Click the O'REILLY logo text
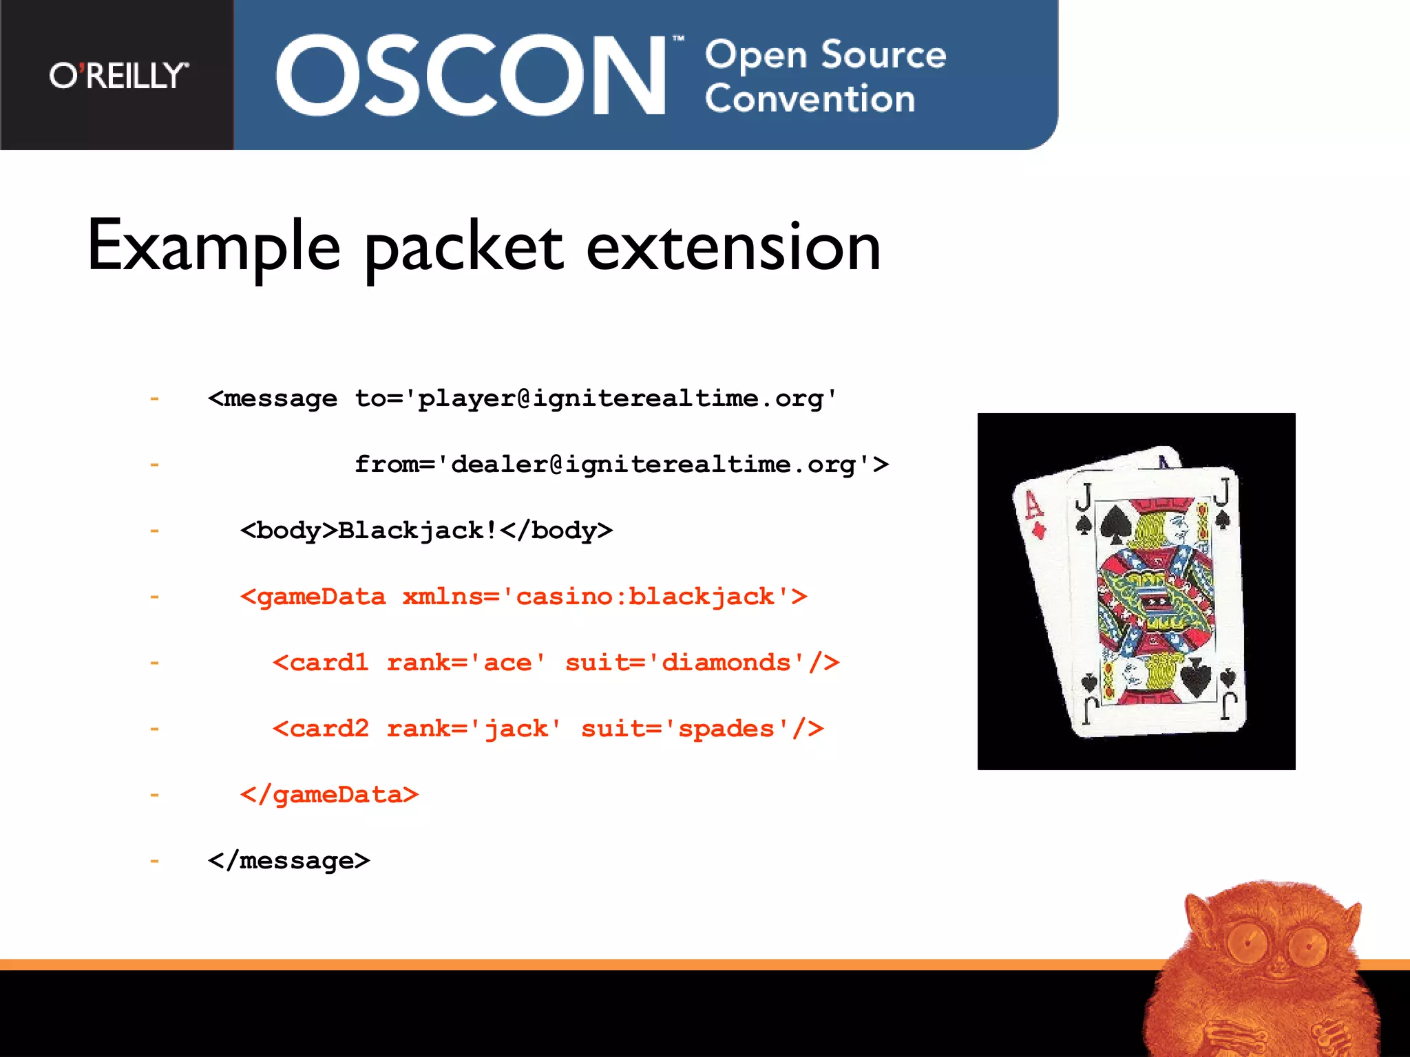click(x=118, y=75)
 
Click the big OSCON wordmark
click(x=471, y=76)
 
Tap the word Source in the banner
click(x=883, y=54)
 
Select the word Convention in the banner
click(x=810, y=99)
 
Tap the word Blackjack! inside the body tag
click(x=417, y=531)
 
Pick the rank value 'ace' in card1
click(x=508, y=663)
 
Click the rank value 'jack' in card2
click(x=516, y=729)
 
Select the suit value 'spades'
click(x=726, y=729)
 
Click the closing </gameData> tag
click(x=329, y=795)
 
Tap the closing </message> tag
click(x=288, y=861)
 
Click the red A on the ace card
click(x=1033, y=506)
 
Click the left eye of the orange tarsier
click(x=1246, y=941)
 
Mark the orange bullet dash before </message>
click(x=154, y=861)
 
